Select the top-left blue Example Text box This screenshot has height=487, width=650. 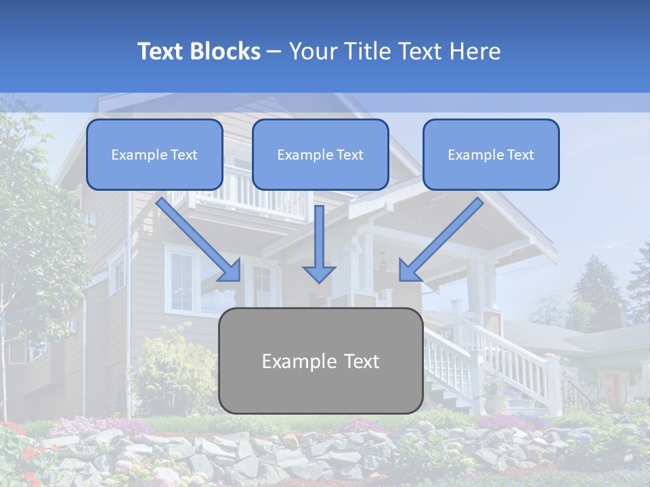154,155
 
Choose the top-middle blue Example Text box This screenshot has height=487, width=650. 320,155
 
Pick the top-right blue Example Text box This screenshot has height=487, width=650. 491,155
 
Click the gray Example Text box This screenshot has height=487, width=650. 320,361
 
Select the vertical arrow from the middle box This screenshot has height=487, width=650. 319,243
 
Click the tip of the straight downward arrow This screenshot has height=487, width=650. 319,280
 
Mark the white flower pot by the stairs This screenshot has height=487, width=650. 496,403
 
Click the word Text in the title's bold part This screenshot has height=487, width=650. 162,51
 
